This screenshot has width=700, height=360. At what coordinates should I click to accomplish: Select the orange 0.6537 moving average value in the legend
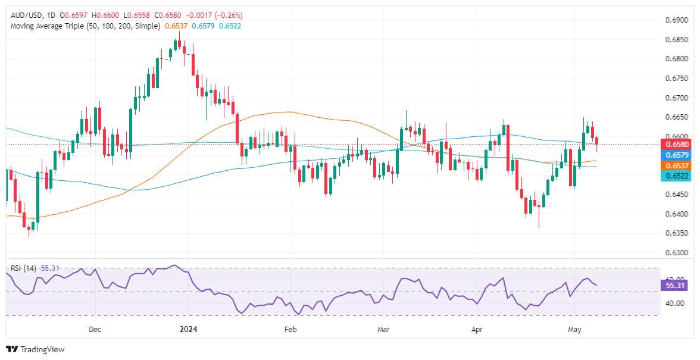pos(177,26)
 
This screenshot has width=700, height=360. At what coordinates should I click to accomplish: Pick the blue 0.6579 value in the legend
pos(203,26)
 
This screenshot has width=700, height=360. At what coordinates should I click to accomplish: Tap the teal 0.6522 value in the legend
pos(229,26)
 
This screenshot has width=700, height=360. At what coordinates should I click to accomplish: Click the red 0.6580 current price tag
pos(676,144)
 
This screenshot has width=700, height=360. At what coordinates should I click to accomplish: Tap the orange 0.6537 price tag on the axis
pos(676,165)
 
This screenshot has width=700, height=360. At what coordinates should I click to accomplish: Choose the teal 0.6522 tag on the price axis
pos(676,176)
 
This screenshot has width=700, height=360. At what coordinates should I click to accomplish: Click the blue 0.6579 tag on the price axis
pos(676,154)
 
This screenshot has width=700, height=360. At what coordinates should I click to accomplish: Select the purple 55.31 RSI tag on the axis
pos(675,286)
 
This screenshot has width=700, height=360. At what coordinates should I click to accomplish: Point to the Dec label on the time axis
pos(95,328)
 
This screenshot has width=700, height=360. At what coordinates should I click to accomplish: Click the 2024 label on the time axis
pos(189,328)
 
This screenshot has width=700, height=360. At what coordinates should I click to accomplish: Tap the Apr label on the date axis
pos(476,328)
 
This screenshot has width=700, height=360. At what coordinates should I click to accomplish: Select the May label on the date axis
pos(574,328)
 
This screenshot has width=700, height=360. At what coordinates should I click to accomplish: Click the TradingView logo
pos(35,349)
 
